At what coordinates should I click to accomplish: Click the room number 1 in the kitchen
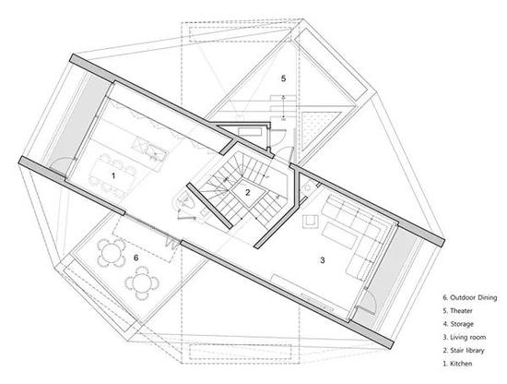[113, 175]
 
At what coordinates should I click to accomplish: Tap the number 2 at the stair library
[248, 192]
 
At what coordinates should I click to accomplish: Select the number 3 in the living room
[322, 260]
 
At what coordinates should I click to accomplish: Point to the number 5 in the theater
[284, 78]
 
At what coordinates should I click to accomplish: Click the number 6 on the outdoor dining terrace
[136, 258]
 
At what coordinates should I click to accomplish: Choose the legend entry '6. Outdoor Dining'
[470, 297]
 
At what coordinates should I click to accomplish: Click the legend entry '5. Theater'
[457, 310]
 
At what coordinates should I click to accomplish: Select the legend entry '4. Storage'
[458, 324]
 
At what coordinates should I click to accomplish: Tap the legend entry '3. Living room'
[465, 337]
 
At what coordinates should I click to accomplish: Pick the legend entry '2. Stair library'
[464, 351]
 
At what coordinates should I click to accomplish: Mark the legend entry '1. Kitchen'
[457, 364]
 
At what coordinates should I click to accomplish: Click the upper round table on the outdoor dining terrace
[111, 253]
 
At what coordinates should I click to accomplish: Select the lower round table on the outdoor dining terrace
[142, 283]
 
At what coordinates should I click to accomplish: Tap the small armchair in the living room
[311, 222]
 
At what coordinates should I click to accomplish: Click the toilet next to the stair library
[184, 201]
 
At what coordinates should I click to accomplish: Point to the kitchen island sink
[156, 152]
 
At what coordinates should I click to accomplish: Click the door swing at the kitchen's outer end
[62, 163]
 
